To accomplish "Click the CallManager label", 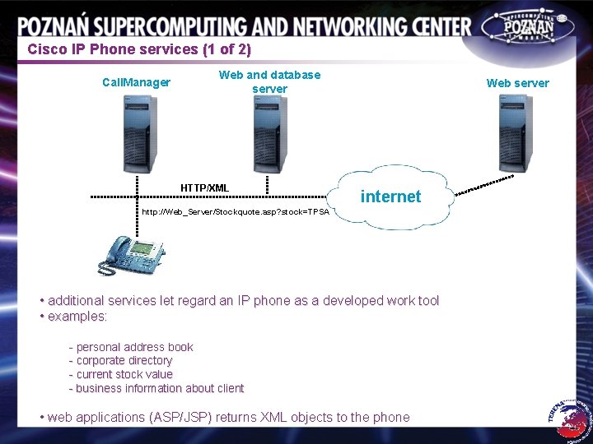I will tap(136, 82).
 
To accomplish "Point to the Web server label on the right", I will tap(517, 82).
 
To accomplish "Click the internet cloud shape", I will tap(390, 197).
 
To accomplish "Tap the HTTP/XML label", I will tap(205, 188).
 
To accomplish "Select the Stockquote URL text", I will tap(236, 212).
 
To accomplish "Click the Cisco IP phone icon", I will tap(130, 254).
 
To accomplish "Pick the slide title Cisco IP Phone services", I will tap(138, 49).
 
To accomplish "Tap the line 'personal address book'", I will tap(131, 347).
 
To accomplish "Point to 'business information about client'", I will tap(156, 388).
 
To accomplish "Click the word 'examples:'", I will tap(77, 317).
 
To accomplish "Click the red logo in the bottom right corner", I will tap(571, 415).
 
